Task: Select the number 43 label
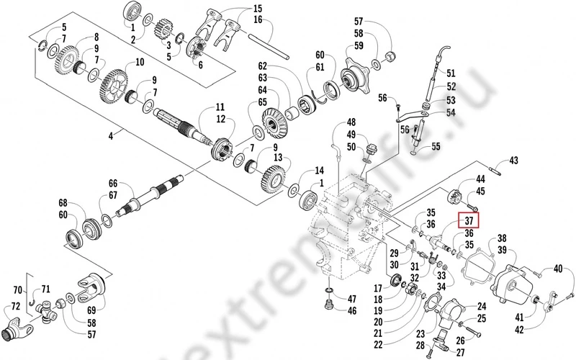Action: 514,161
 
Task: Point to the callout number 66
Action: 112,184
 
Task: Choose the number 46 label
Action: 352,311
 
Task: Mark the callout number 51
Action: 451,73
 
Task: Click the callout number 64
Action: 262,90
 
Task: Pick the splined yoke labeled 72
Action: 18,331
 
